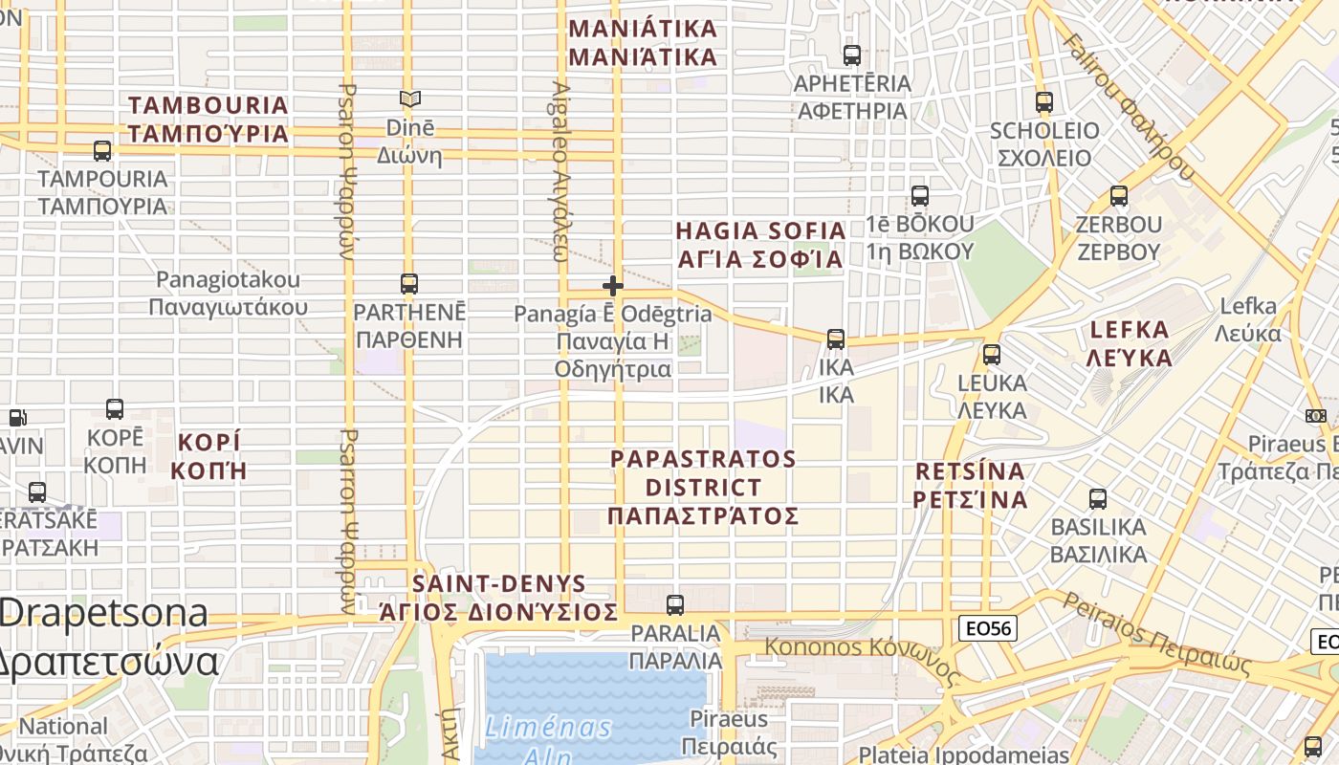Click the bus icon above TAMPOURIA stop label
(x=102, y=150)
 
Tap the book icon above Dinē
(x=410, y=98)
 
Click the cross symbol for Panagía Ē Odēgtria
(x=613, y=285)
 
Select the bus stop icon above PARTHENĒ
(x=409, y=283)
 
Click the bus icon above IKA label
(x=836, y=339)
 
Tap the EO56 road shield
(x=988, y=628)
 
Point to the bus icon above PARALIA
(x=675, y=604)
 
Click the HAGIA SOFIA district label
(x=760, y=245)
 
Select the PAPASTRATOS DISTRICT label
(x=703, y=487)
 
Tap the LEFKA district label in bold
(x=1130, y=343)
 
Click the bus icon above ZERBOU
(x=1119, y=196)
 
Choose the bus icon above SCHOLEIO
(x=1044, y=101)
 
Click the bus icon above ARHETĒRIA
(x=852, y=55)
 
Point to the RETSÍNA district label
(x=970, y=485)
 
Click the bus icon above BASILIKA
(x=1098, y=498)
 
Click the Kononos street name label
(x=860, y=656)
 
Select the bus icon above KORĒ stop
(x=115, y=408)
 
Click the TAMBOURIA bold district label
(x=209, y=119)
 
